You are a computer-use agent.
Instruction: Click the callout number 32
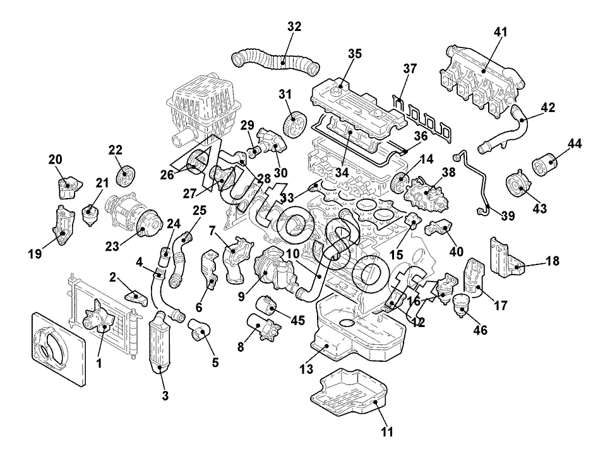coord(294,27)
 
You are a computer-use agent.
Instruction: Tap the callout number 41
coord(501,32)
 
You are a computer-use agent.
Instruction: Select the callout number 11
coord(387,433)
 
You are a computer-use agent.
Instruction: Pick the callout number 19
coord(34,254)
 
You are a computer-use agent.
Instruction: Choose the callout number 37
coord(411,69)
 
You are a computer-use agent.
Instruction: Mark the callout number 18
coord(553,261)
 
